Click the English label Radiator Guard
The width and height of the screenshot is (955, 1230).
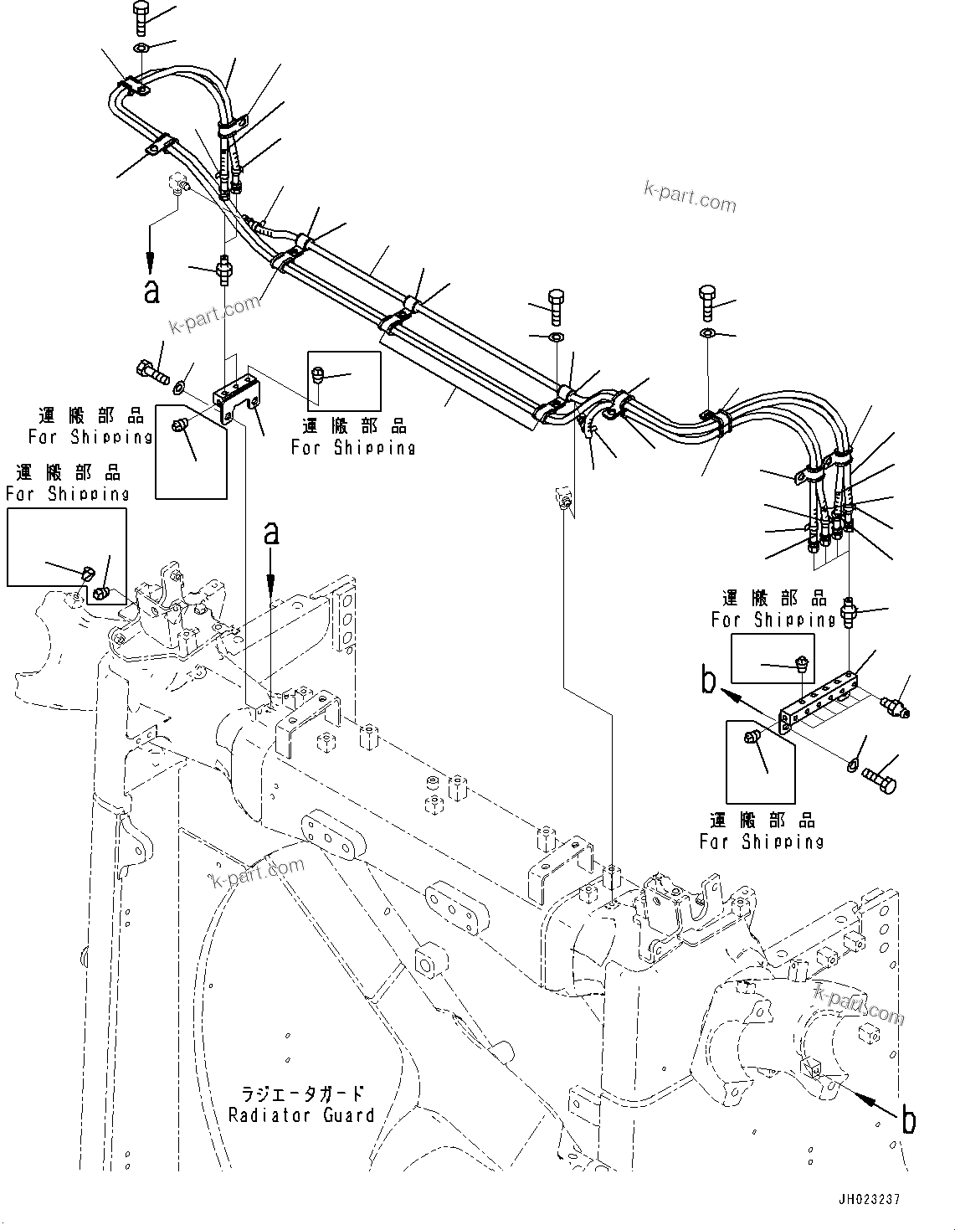click(x=301, y=1115)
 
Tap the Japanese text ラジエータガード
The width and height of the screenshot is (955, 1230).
click(x=302, y=1094)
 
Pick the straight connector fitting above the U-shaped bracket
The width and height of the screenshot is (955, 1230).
click(x=223, y=270)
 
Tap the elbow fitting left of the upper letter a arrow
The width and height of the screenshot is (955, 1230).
click(x=178, y=183)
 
